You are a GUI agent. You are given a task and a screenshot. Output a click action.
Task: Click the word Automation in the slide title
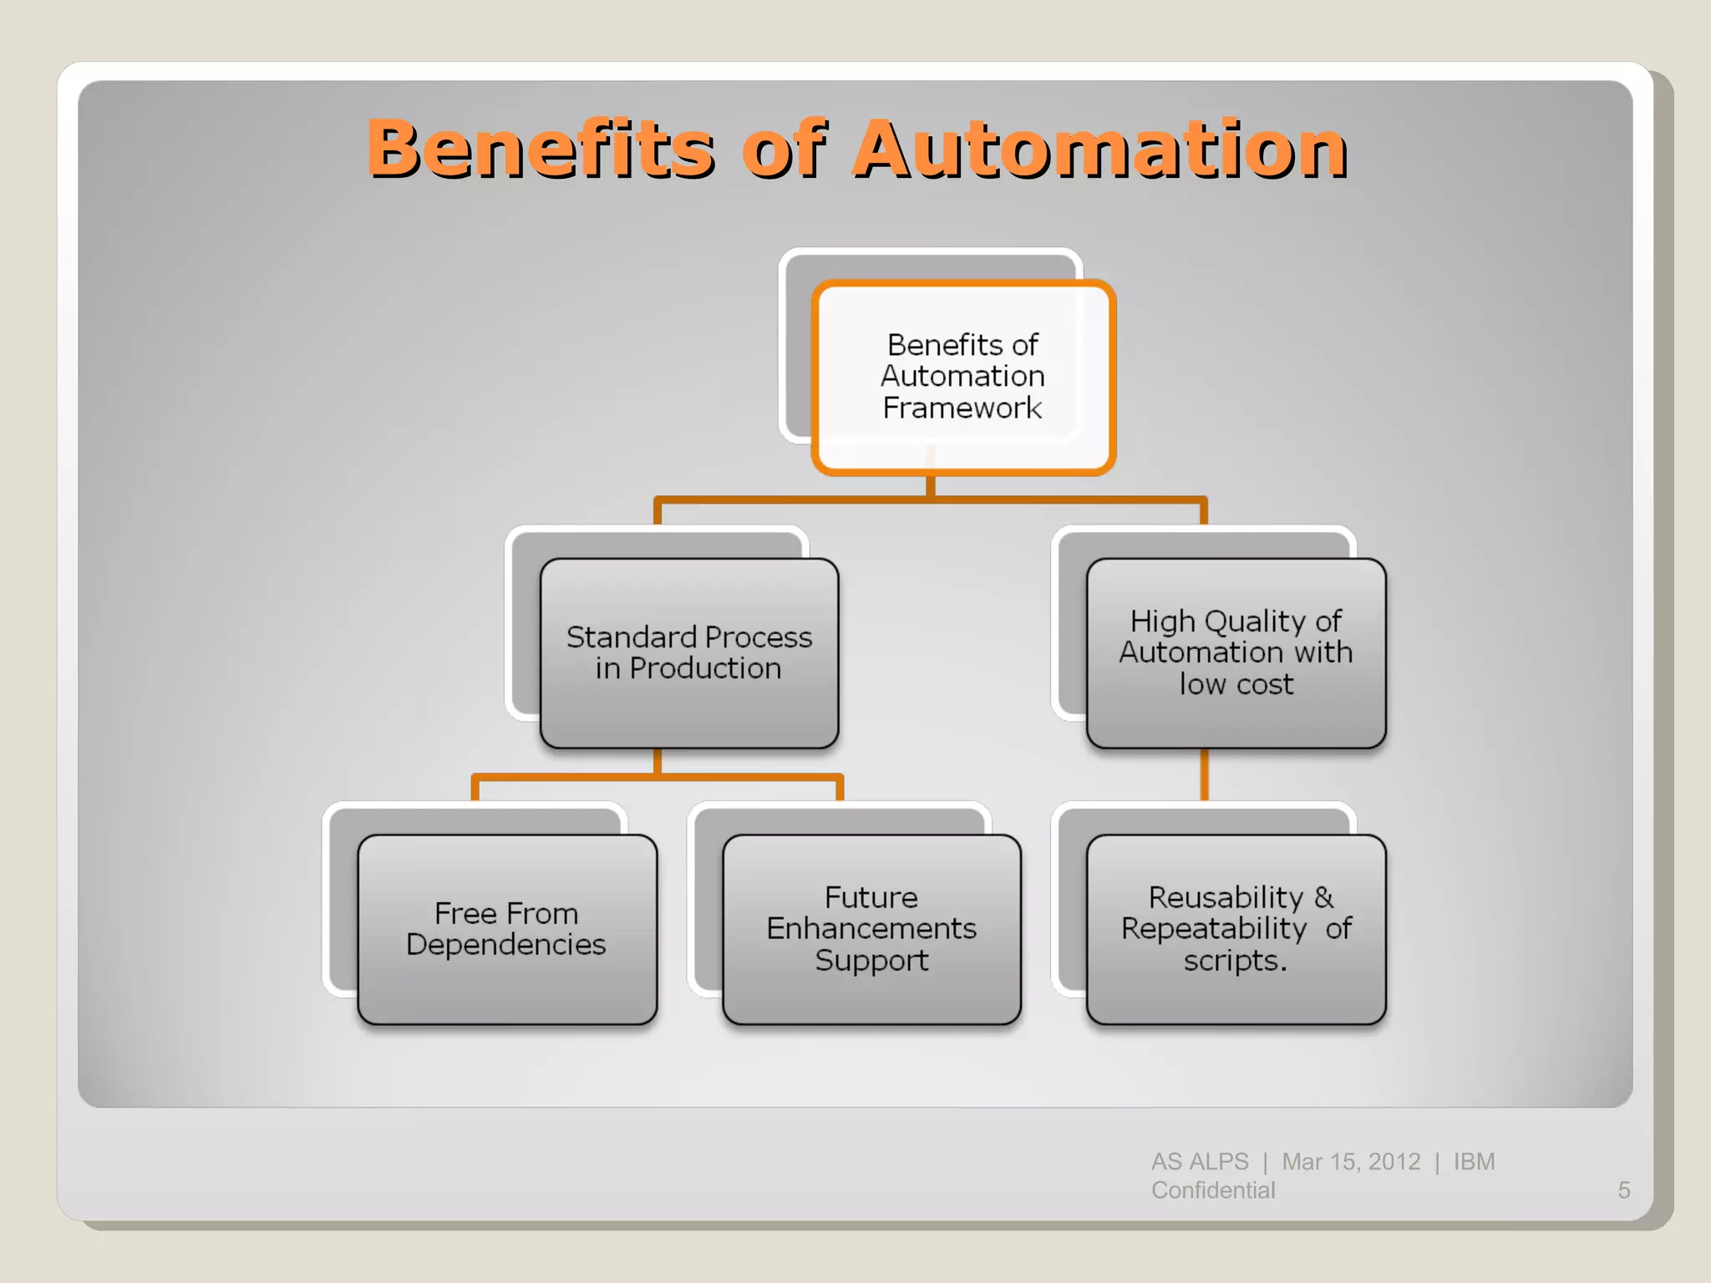[1099, 150]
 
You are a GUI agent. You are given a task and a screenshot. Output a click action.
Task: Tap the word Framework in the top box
[962, 408]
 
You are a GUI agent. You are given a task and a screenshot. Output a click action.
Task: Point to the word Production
[705, 669]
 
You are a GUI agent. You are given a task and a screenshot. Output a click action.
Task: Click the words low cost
[1236, 685]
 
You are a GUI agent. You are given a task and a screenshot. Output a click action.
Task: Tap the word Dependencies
[506, 946]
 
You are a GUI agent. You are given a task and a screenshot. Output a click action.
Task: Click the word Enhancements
[871, 930]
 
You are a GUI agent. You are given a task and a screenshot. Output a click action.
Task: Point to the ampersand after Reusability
[1324, 898]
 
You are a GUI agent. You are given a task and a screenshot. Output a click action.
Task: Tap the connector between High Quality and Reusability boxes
[1204, 775]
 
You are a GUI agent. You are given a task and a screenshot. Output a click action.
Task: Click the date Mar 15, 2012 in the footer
[1351, 1162]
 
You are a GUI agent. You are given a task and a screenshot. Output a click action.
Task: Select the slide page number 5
[1623, 1190]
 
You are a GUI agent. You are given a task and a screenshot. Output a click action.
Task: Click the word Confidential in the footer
[1213, 1190]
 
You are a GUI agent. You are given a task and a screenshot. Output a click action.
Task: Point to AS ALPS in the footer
[1200, 1162]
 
